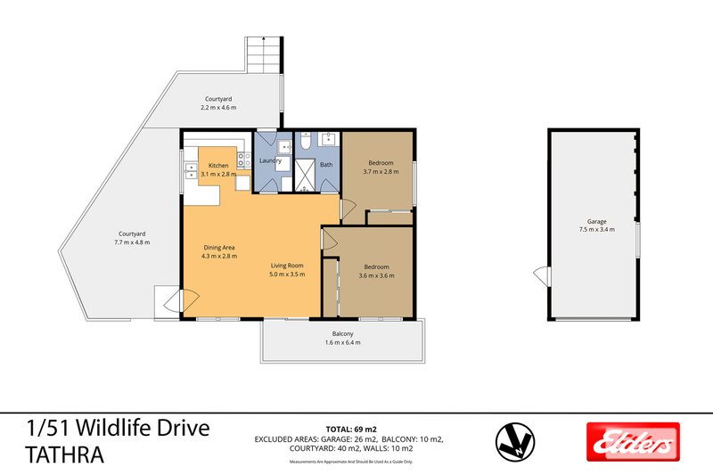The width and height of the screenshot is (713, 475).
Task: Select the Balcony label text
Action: (341, 333)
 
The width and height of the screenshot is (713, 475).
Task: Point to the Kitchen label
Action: (218, 166)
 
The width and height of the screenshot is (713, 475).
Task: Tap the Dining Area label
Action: (218, 249)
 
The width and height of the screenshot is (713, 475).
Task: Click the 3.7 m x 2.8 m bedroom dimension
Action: (381, 172)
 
